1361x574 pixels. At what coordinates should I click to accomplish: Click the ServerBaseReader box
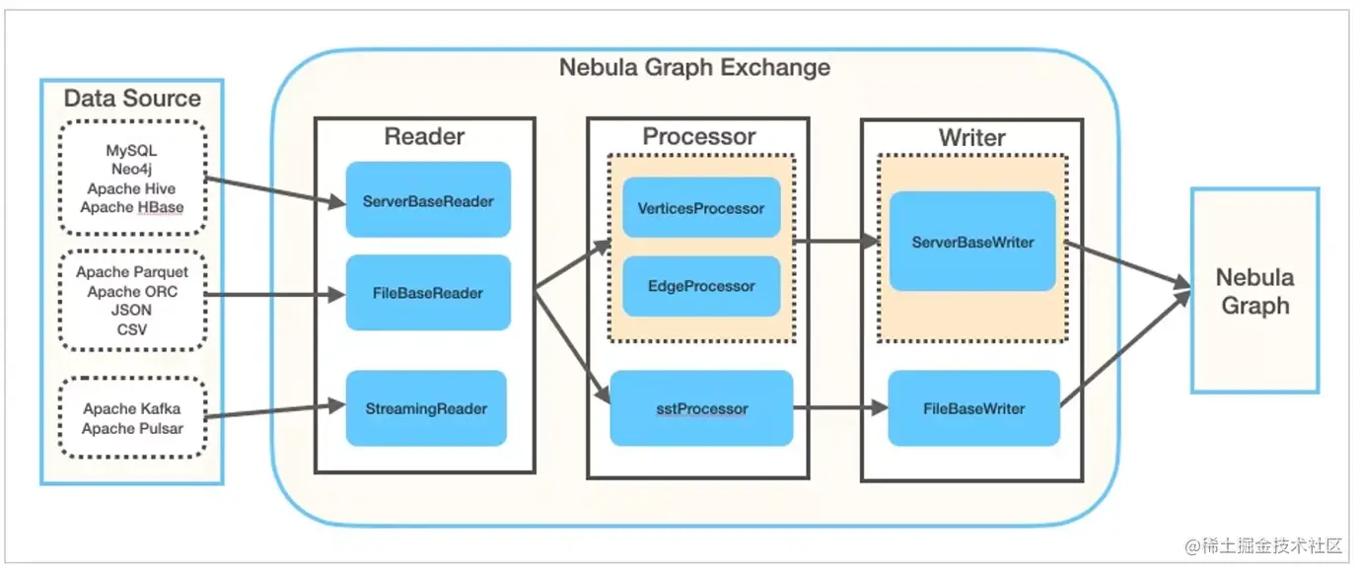pyautogui.click(x=428, y=200)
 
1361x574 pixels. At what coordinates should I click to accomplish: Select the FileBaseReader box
pyautogui.click(x=428, y=292)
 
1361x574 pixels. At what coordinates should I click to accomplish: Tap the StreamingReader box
pyautogui.click(x=426, y=407)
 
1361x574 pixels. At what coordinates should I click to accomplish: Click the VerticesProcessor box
pyautogui.click(x=701, y=208)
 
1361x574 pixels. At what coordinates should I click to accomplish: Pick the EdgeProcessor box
pyautogui.click(x=701, y=286)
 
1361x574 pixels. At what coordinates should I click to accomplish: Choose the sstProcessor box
pyautogui.click(x=701, y=408)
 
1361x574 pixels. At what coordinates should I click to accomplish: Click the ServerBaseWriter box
pyautogui.click(x=972, y=242)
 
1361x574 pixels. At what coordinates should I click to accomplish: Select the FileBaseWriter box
pyautogui.click(x=973, y=408)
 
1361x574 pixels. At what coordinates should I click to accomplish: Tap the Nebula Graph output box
pyautogui.click(x=1254, y=291)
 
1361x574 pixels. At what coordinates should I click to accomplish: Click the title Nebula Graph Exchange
pyautogui.click(x=694, y=68)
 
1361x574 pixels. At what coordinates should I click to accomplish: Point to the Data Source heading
pyautogui.click(x=132, y=99)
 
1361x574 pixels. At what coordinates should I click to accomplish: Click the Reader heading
pyautogui.click(x=424, y=136)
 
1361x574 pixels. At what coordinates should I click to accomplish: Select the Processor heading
pyautogui.click(x=698, y=136)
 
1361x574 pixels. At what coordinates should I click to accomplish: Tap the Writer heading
pyautogui.click(x=971, y=136)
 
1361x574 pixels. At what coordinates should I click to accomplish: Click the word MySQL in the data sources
pyautogui.click(x=131, y=151)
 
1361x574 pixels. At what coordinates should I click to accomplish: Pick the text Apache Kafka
pyautogui.click(x=131, y=408)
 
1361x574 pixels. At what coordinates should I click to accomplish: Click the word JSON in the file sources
pyautogui.click(x=131, y=311)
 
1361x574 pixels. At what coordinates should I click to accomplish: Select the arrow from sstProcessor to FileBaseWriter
pyautogui.click(x=838, y=408)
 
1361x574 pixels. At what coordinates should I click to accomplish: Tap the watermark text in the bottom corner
pyautogui.click(x=1264, y=545)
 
